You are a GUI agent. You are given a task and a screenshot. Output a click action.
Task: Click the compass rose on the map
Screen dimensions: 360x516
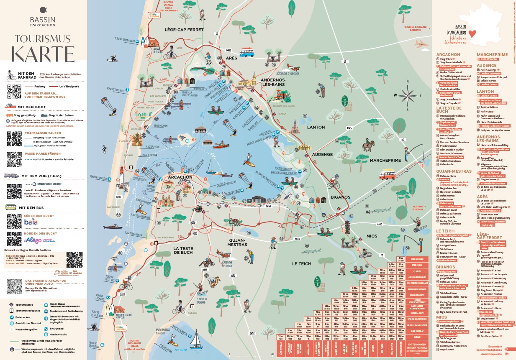(x=408, y=95)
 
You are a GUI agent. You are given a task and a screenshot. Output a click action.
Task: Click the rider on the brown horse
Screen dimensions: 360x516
(x=367, y=144)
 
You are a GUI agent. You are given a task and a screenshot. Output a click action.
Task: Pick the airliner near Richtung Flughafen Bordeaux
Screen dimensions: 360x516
(x=420, y=43)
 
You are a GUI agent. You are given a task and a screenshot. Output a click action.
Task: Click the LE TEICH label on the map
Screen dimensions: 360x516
(x=301, y=264)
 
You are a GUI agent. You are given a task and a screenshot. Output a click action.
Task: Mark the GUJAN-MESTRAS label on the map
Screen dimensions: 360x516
(x=237, y=243)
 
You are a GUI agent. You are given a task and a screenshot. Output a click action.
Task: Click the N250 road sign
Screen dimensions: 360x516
(x=193, y=222)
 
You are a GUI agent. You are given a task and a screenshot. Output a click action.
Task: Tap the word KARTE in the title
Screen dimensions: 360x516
(x=43, y=53)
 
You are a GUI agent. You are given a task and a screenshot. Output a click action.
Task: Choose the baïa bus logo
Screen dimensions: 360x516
(x=31, y=221)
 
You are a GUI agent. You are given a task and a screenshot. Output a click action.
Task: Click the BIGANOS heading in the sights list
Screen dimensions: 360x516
(x=446, y=267)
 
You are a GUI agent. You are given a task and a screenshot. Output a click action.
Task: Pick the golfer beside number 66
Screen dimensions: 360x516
(x=321, y=89)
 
